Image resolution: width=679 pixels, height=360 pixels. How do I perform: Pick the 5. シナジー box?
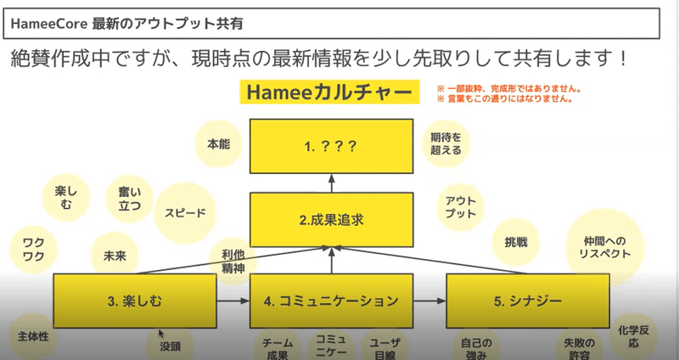(527, 301)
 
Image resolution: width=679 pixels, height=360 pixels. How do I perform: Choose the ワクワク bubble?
(34, 250)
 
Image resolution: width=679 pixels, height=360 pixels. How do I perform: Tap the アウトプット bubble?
(460, 207)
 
